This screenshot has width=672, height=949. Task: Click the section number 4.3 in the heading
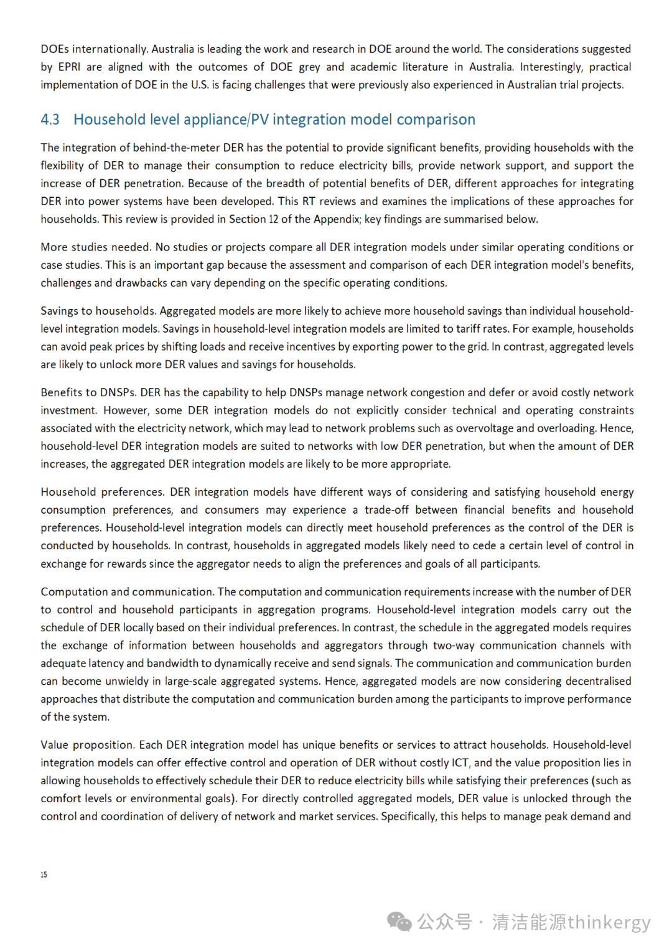coord(50,119)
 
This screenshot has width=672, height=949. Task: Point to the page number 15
coord(44,874)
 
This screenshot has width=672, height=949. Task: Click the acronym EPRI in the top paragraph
coord(69,67)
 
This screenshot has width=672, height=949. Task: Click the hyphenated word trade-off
coord(386,509)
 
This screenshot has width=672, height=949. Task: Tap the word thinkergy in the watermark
coord(609,922)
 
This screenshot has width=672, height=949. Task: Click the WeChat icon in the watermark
coord(399,922)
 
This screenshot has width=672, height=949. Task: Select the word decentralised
coord(598,681)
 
